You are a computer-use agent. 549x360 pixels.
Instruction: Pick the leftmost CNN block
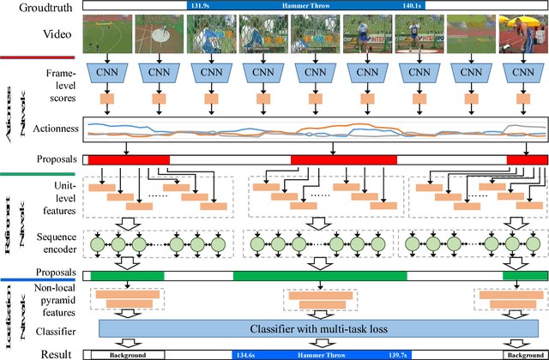coord(107,73)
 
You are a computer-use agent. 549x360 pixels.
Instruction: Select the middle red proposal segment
coord(343,159)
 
